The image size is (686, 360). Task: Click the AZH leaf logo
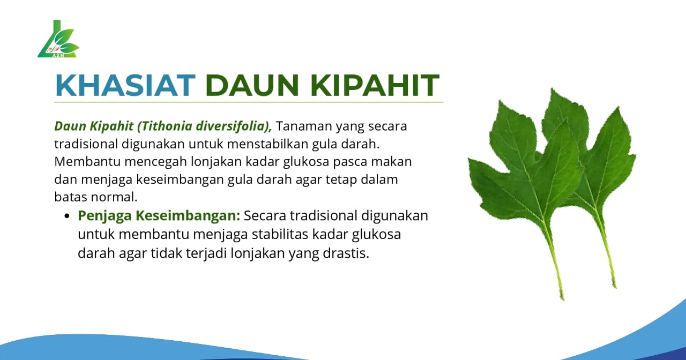pos(58,40)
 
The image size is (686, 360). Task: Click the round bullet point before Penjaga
pos(67,216)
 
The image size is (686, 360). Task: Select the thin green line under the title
pos(249,102)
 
